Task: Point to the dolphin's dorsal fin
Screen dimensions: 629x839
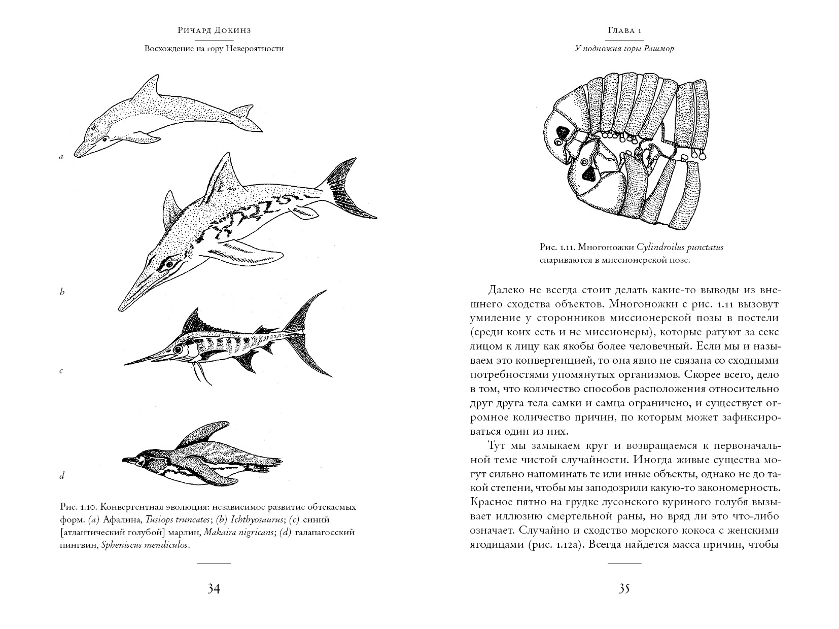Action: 148,86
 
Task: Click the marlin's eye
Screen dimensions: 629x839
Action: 178,349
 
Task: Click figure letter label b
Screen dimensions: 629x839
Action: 62,292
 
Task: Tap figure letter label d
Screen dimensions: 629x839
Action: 62,476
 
